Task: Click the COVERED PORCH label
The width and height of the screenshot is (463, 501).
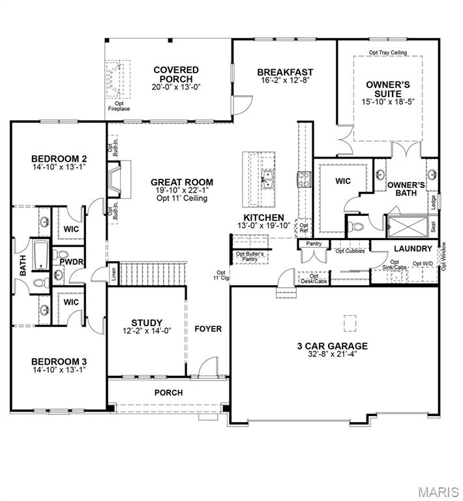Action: pyautogui.click(x=176, y=74)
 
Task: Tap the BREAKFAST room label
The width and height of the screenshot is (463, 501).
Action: pyautogui.click(x=285, y=72)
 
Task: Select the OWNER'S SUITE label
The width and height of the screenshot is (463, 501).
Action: pyautogui.click(x=387, y=89)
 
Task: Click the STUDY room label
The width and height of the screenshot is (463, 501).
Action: pyautogui.click(x=147, y=323)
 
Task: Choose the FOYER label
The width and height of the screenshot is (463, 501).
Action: pyautogui.click(x=208, y=329)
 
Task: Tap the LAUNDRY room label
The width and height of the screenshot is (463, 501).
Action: pyautogui.click(x=413, y=249)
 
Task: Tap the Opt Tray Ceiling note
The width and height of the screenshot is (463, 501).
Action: pyautogui.click(x=388, y=52)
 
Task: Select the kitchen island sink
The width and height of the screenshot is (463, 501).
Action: pyautogui.click(x=266, y=179)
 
